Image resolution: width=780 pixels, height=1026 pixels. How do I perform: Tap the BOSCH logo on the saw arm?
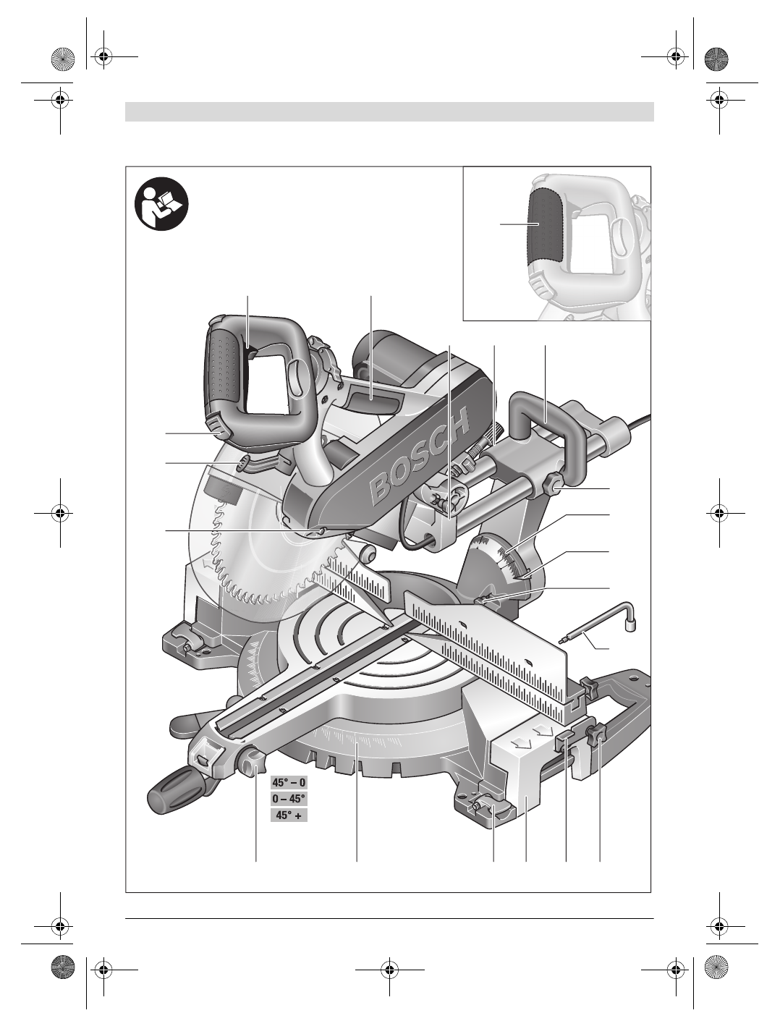click(x=420, y=457)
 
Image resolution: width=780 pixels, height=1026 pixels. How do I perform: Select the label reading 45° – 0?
click(x=289, y=782)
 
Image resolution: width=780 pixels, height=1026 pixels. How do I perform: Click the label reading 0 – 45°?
click(x=289, y=798)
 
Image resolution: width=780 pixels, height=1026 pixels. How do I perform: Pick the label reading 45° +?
click(x=289, y=815)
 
